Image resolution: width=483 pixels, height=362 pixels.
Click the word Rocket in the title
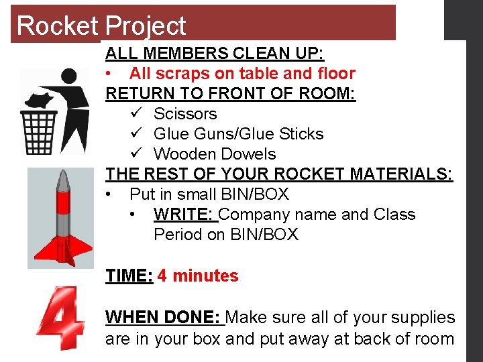[58, 25]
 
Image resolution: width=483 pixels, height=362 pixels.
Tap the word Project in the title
[146, 26]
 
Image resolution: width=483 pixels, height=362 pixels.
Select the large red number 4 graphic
[61, 319]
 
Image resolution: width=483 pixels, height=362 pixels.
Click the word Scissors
[185, 114]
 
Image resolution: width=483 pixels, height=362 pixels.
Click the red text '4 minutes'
[198, 276]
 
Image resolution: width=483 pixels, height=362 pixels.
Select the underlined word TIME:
[129, 276]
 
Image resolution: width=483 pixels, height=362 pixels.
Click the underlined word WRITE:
[184, 215]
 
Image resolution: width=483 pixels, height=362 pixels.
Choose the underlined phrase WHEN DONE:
[164, 317]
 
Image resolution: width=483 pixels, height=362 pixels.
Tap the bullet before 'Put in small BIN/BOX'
[109, 195]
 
